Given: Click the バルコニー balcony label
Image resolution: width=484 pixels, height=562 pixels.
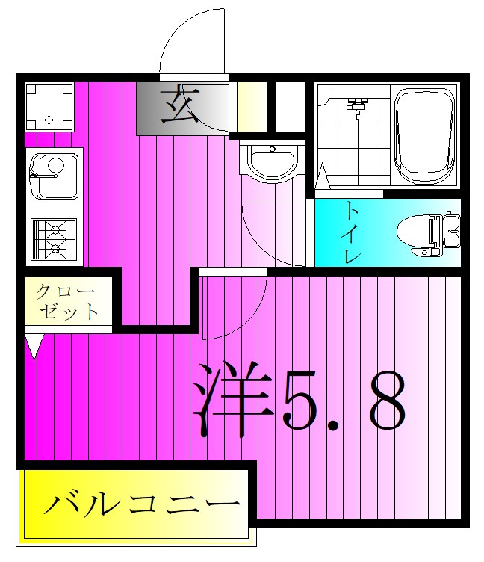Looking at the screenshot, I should click(x=142, y=504).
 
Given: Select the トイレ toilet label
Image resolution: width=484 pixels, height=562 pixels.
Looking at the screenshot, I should click(x=352, y=232).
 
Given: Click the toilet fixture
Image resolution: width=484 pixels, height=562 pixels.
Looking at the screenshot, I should click(x=427, y=233).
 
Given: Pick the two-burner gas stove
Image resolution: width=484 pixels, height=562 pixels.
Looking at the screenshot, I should click(x=54, y=238).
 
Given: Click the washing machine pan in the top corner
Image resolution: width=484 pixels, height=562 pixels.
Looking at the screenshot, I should click(x=49, y=106).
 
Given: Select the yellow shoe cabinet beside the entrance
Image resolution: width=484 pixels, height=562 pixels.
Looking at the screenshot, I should click(x=252, y=106).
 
